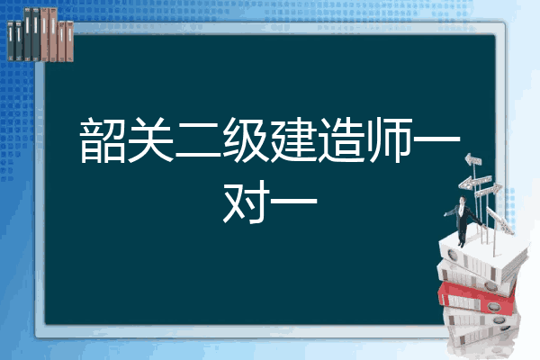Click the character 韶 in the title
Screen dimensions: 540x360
[103, 139]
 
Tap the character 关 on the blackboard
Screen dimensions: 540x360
[150, 139]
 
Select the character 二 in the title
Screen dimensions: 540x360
[198, 141]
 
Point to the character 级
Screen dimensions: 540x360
[246, 139]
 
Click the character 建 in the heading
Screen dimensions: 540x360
[293, 139]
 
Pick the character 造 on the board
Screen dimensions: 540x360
[341, 139]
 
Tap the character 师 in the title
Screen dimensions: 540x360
[389, 139]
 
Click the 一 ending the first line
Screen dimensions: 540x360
[436, 139]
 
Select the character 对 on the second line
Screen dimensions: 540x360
[246, 202]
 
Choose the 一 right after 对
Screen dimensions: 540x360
[293, 201]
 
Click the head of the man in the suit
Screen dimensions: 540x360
[463, 201]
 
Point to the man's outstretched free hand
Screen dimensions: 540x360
[446, 214]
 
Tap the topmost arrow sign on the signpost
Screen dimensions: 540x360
[472, 159]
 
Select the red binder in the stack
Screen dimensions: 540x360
[477, 298]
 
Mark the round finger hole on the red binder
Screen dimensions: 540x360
[493, 306]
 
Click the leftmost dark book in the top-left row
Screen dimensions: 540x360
[11, 41]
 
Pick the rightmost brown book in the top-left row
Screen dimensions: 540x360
[69, 41]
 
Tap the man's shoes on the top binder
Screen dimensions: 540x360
[461, 244]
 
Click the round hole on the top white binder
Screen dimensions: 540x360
[452, 256]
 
